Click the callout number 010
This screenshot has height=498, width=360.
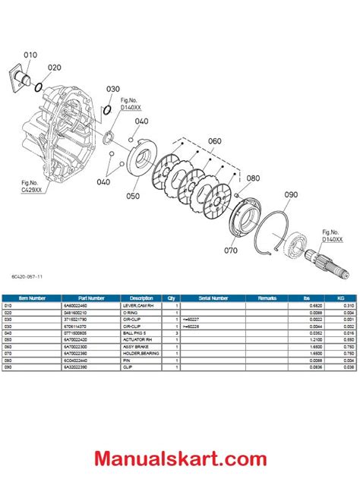(30, 55)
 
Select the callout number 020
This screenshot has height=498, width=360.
(55, 67)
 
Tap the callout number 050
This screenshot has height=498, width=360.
(134, 196)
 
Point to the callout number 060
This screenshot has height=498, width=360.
(214, 141)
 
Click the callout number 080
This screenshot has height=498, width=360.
(252, 180)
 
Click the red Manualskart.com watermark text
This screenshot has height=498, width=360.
(179, 458)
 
